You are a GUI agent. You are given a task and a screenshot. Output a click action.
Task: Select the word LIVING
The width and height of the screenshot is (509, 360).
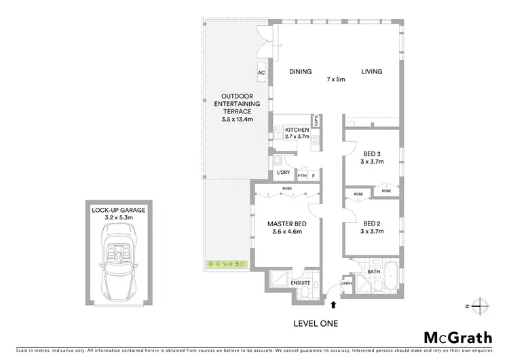(371, 71)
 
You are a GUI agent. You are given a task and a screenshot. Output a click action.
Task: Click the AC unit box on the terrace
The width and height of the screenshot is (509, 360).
(261, 72)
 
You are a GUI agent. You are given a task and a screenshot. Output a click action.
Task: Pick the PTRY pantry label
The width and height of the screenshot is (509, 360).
(302, 176)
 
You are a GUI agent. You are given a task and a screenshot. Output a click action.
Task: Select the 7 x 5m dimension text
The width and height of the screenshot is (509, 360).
(335, 79)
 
